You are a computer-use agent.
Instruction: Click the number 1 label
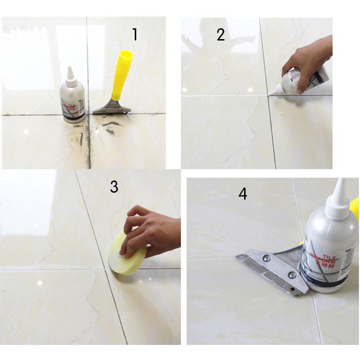(x=135, y=34)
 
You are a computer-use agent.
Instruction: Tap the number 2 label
(x=221, y=34)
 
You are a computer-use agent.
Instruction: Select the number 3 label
(x=114, y=187)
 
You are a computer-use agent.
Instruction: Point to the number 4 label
(x=243, y=194)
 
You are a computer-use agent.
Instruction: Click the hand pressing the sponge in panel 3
(x=151, y=231)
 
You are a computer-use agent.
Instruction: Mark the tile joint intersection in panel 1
(x=89, y=114)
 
